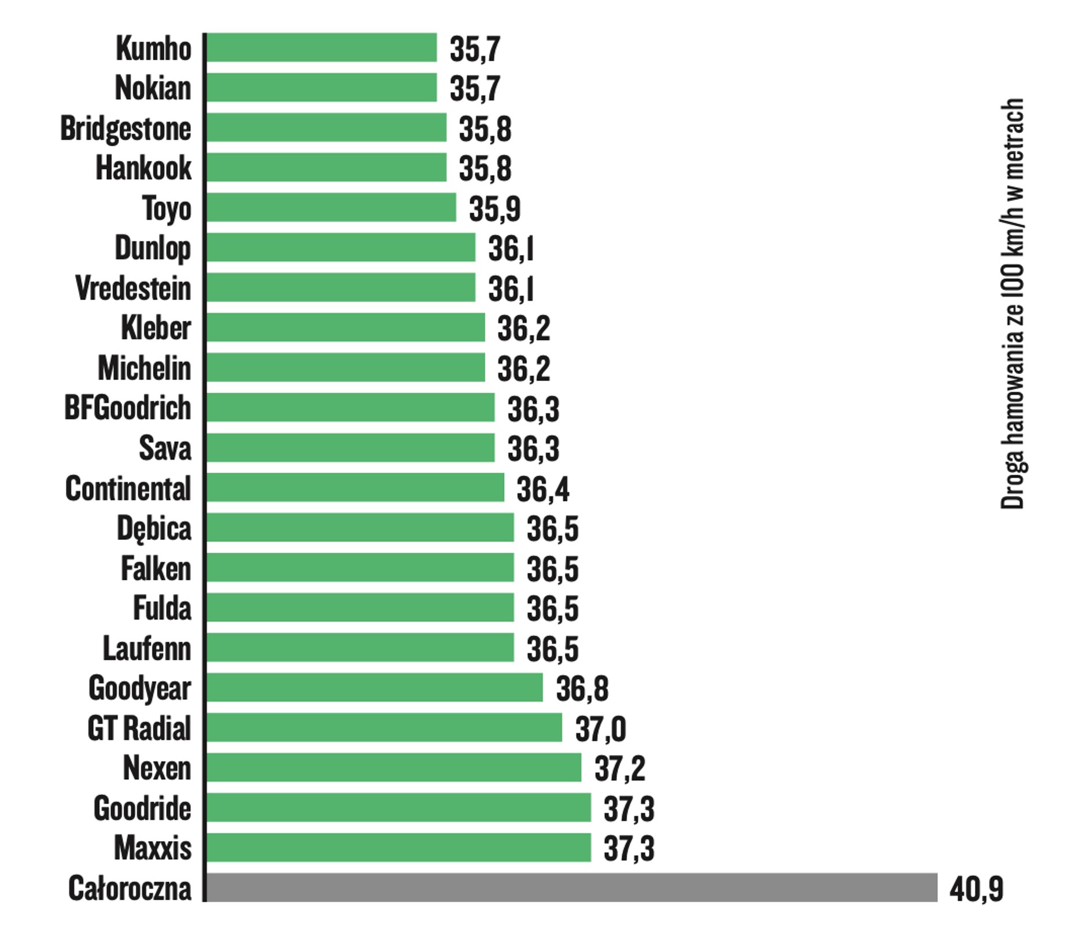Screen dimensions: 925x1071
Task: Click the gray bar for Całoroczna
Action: click(x=571, y=887)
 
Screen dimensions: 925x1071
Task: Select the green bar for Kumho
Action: click(x=322, y=47)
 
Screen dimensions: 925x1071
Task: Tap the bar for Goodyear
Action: click(x=375, y=687)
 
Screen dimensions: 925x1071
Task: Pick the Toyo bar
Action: click(x=331, y=208)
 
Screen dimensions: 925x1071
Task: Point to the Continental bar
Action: click(x=355, y=487)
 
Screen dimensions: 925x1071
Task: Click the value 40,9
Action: click(x=976, y=889)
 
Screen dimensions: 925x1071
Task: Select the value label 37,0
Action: click(x=600, y=728)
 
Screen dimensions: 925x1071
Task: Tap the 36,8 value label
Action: click(x=582, y=689)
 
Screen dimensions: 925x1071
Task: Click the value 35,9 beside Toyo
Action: click(x=494, y=209)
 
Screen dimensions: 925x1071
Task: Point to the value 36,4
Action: click(x=542, y=489)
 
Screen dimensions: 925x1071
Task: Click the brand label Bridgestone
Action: click(x=125, y=128)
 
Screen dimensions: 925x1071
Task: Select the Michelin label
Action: click(x=144, y=368)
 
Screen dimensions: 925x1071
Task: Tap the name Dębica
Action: click(x=154, y=529)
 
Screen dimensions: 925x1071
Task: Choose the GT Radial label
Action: click(x=139, y=728)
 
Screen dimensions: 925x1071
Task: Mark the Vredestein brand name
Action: click(x=133, y=288)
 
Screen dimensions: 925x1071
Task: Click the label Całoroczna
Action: click(x=130, y=888)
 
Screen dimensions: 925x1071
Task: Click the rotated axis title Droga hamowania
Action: click(x=1011, y=304)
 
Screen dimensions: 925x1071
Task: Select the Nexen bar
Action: click(x=393, y=767)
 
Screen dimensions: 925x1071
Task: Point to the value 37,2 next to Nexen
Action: click(x=619, y=768)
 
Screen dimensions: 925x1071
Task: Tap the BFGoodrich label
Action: click(x=127, y=408)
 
